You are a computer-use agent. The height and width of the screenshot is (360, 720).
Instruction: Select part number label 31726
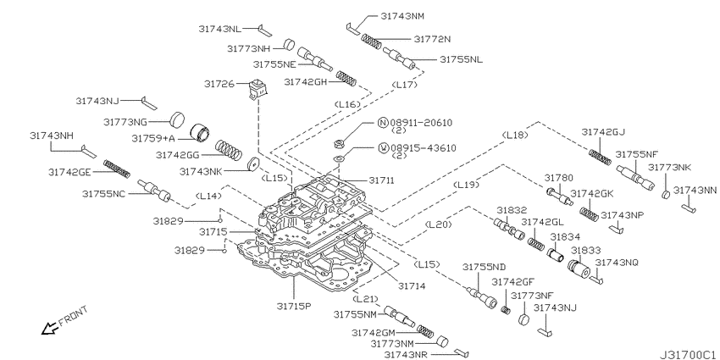[219, 84]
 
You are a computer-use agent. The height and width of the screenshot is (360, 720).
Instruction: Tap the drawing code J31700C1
[687, 354]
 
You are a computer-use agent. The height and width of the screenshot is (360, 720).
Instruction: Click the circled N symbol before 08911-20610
[383, 123]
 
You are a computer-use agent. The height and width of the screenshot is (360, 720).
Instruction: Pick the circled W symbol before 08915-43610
[383, 148]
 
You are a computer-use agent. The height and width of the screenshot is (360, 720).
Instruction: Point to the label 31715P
[293, 305]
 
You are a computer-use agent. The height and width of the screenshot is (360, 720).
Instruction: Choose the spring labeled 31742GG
[229, 150]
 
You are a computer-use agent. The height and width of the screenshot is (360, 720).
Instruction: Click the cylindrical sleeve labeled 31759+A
[200, 133]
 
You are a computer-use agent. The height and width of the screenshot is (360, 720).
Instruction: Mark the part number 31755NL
[461, 59]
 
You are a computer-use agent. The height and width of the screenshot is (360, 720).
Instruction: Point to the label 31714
[412, 285]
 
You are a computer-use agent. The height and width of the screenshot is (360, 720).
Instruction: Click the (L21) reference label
[367, 299]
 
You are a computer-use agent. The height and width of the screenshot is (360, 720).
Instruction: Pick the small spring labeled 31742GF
[505, 309]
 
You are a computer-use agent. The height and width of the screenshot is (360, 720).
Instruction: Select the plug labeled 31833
[579, 268]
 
